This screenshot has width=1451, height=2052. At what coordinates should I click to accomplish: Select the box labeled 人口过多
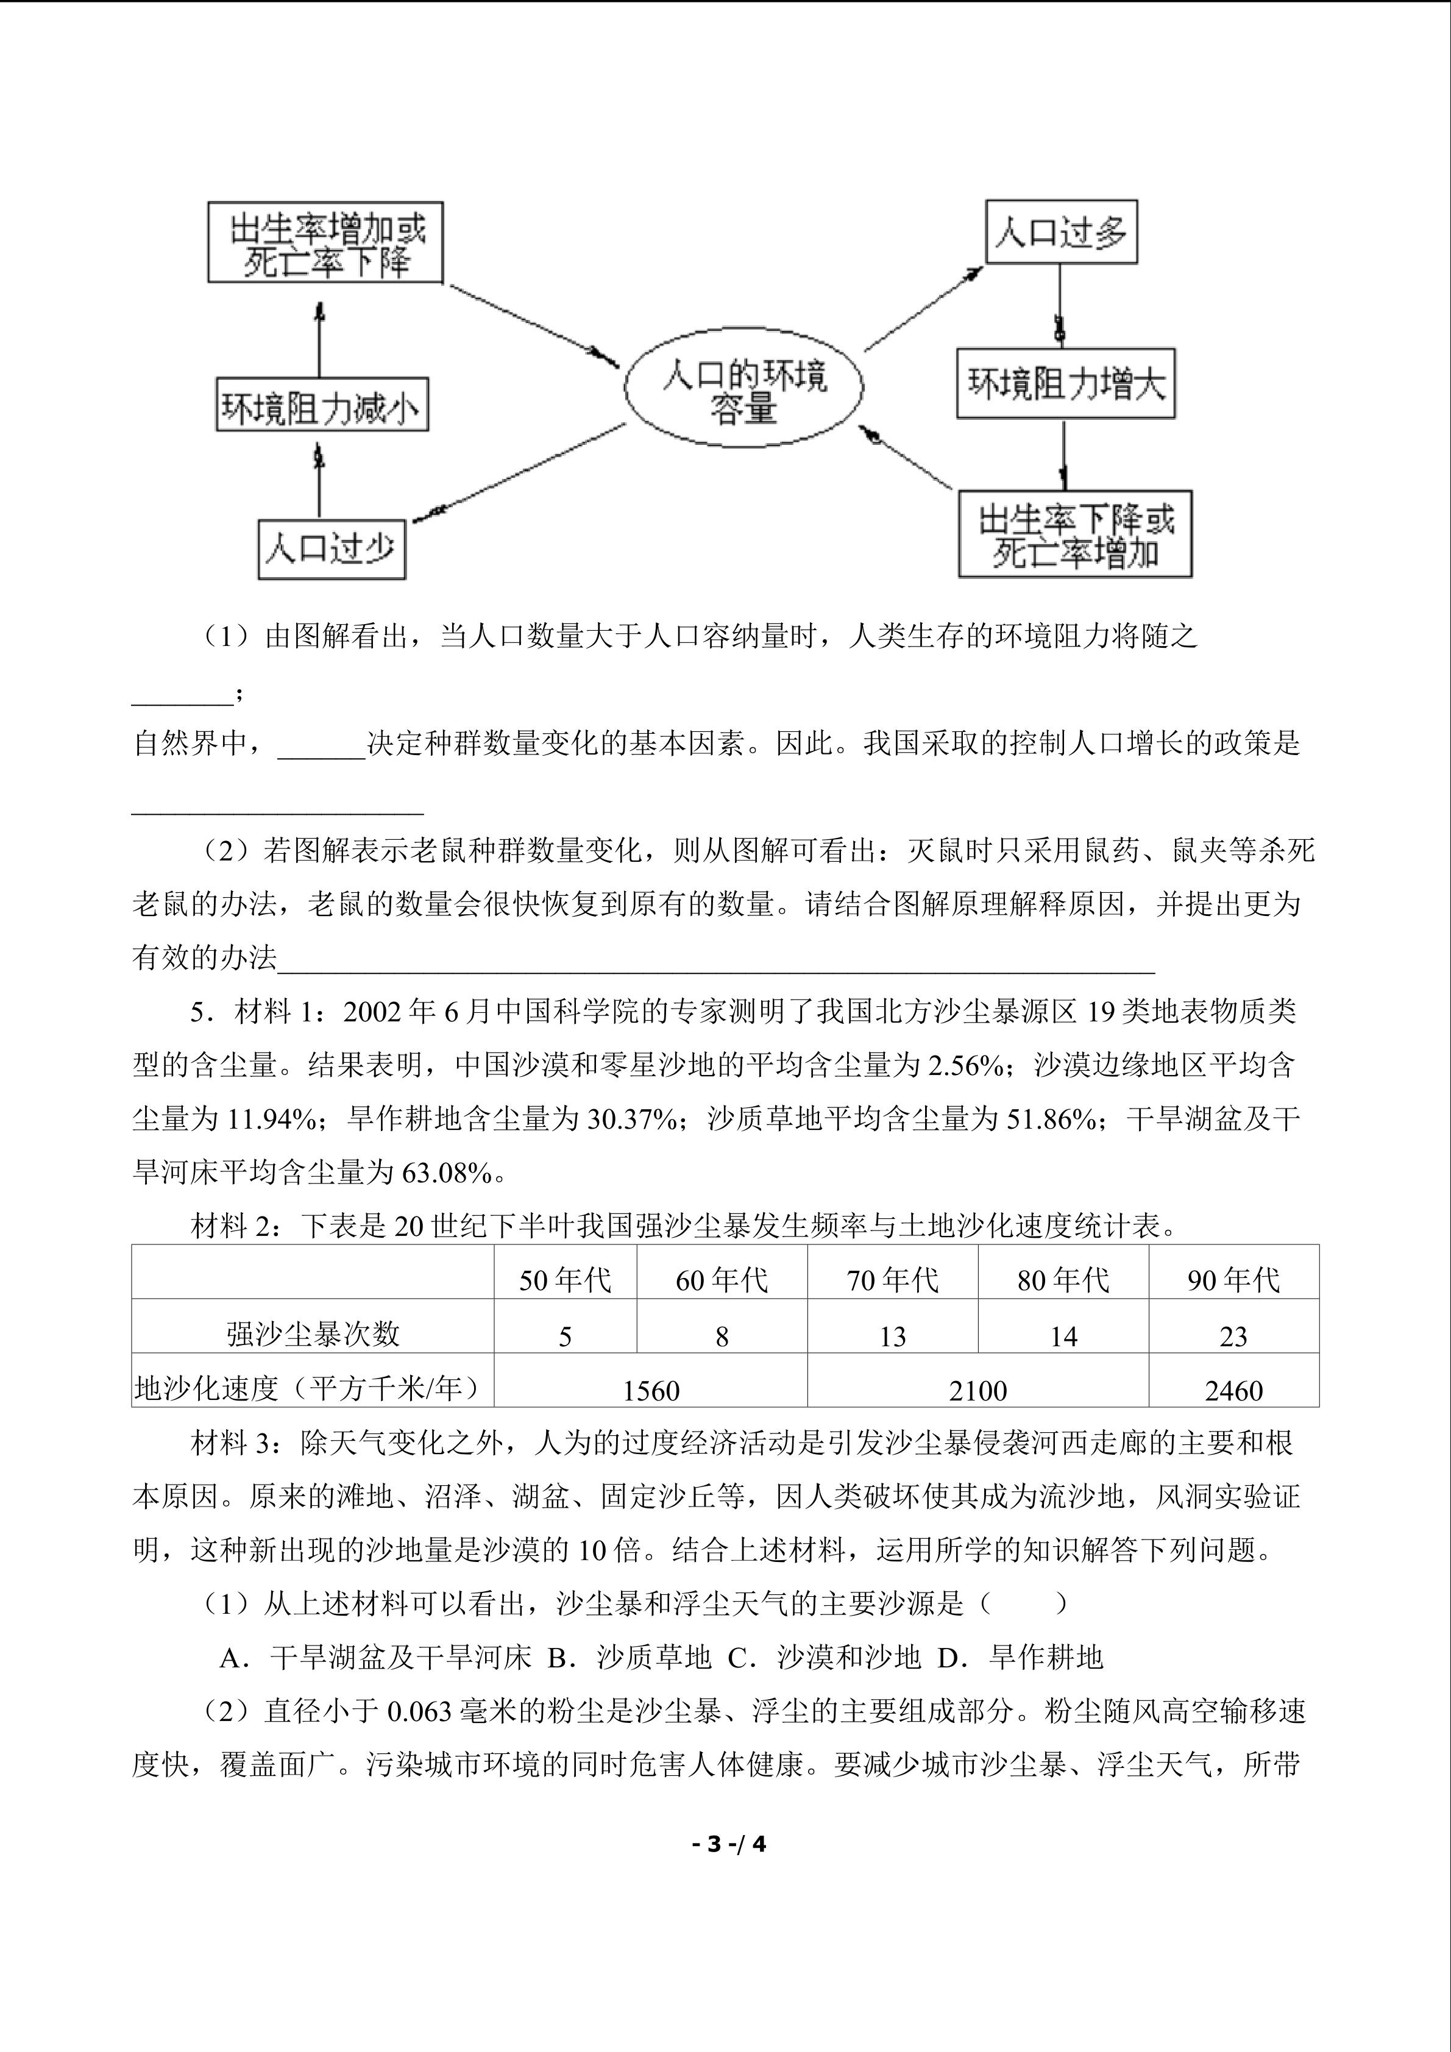pyautogui.click(x=1060, y=232)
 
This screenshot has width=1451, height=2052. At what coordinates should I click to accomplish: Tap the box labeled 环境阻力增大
pyautogui.click(x=1066, y=385)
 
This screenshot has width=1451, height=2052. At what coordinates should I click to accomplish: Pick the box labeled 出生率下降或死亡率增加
pyautogui.click(x=1075, y=534)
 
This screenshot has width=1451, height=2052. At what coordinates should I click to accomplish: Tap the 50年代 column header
pyautogui.click(x=565, y=1280)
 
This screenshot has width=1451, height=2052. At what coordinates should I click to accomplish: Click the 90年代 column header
pyautogui.click(x=1233, y=1280)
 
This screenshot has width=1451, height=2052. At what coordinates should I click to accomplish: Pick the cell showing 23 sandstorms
pyautogui.click(x=1233, y=1336)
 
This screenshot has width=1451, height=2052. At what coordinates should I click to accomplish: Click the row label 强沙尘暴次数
pyautogui.click(x=313, y=1334)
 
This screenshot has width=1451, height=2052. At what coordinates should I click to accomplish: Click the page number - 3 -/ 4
pyautogui.click(x=729, y=1844)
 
